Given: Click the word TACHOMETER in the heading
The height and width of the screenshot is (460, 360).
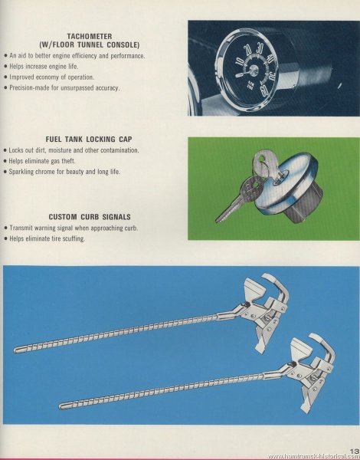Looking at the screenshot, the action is pyautogui.click(x=90, y=36).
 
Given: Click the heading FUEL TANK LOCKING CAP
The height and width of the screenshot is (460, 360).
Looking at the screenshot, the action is pyautogui.click(x=89, y=139).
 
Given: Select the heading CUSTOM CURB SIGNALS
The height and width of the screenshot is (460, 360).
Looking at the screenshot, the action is pyautogui.click(x=90, y=217).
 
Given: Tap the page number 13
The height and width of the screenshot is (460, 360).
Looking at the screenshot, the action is pyautogui.click(x=355, y=450).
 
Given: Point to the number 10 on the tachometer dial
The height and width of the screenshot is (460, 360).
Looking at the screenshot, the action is pyautogui.click(x=240, y=61).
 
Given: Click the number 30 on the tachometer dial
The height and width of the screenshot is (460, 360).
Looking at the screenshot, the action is pyautogui.click(x=260, y=48).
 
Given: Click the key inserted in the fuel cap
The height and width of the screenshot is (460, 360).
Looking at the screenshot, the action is pyautogui.click(x=264, y=163).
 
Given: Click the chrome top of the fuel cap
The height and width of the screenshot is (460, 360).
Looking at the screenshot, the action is pyautogui.click(x=286, y=181).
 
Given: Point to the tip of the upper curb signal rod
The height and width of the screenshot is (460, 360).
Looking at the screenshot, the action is pyautogui.click(x=15, y=350).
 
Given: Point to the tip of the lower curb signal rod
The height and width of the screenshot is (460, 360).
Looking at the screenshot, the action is pyautogui.click(x=61, y=406).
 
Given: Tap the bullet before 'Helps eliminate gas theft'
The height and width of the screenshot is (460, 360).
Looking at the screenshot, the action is pyautogui.click(x=5, y=161).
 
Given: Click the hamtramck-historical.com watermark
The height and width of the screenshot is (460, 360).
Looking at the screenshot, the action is pyautogui.click(x=313, y=456).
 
